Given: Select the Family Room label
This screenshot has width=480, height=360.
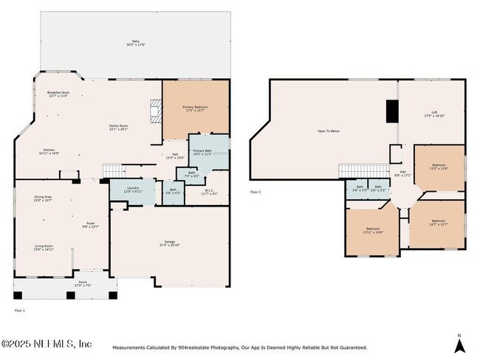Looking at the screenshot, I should click(x=118, y=128).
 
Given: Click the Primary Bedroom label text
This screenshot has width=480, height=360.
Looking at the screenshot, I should click(x=196, y=108).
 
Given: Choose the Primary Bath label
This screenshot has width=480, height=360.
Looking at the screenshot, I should click(x=203, y=153).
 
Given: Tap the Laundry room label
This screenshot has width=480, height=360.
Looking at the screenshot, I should click(x=132, y=190).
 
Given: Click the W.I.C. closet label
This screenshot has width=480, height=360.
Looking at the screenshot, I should click(x=210, y=193).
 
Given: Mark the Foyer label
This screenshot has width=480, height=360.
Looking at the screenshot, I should click(x=90, y=225).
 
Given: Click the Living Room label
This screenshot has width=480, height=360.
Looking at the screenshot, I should click(x=44, y=248).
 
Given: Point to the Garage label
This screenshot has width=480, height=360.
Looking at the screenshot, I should click(x=169, y=244).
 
